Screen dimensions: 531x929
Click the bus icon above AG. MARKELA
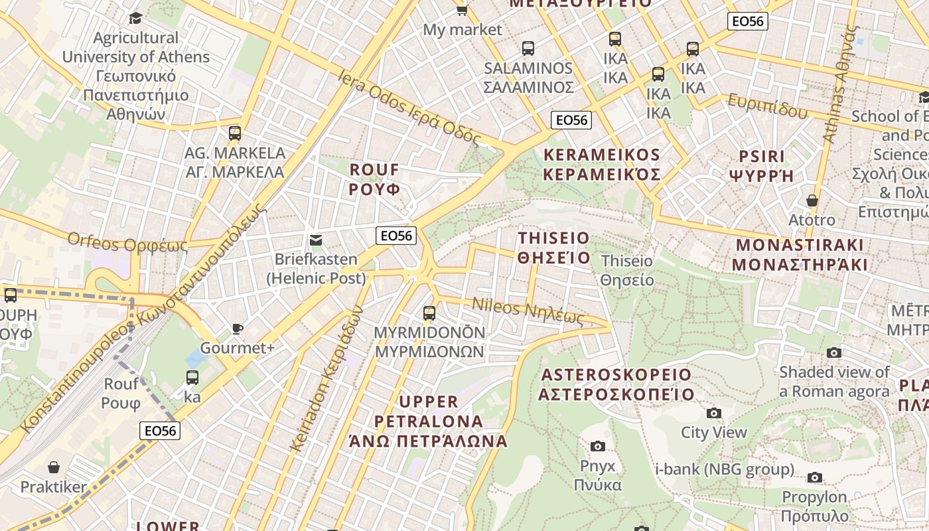coord(235,133)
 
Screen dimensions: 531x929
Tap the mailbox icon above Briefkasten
coord(316,240)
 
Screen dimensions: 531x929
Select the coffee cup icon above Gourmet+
coord(237,329)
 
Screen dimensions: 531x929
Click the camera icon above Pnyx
coord(598,446)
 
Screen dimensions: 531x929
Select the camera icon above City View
coord(714,413)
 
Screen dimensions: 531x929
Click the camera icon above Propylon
coord(815,477)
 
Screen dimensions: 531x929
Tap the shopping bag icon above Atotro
coord(812,200)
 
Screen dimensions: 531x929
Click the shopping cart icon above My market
coord(462,9)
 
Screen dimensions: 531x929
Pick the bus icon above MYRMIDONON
coord(429,313)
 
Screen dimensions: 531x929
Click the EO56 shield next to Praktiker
coord(161,431)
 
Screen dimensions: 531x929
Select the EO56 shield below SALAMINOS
coord(571,120)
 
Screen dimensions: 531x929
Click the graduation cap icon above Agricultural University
coord(135,18)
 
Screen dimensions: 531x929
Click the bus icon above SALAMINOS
coord(528,48)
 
